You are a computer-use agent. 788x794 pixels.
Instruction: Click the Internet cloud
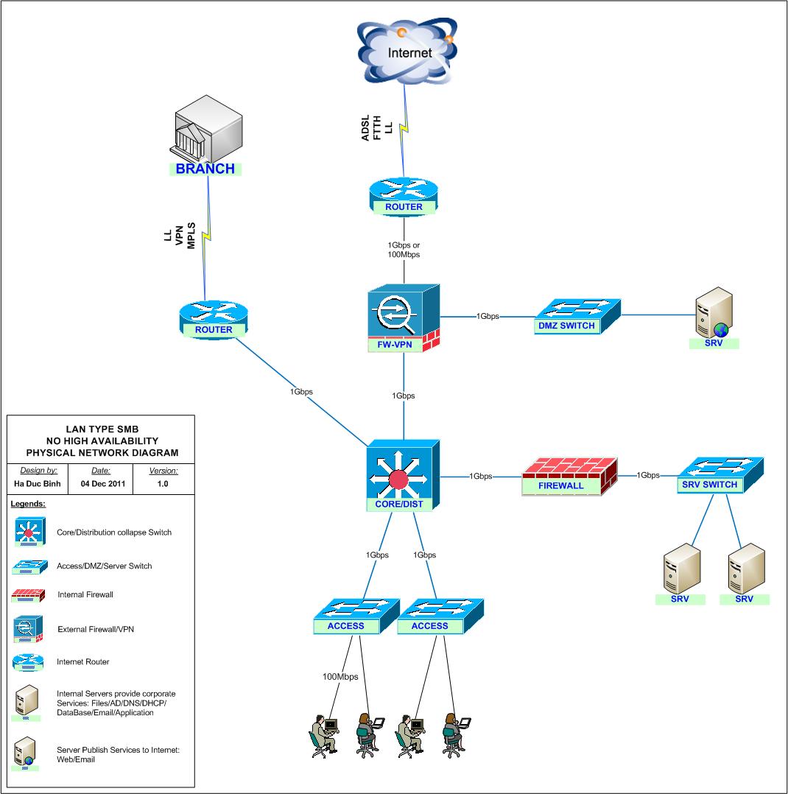pos(404,52)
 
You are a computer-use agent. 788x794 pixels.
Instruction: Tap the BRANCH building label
pos(205,169)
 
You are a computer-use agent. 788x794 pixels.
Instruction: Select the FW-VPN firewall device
pos(404,317)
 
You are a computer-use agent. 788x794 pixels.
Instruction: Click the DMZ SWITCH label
pos(566,326)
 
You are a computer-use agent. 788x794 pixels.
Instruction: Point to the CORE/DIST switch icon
pos(403,475)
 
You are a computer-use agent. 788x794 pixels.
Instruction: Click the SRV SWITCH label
pos(710,484)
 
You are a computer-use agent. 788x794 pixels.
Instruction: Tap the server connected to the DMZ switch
pos(714,315)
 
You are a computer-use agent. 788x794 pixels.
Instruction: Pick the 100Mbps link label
pos(340,676)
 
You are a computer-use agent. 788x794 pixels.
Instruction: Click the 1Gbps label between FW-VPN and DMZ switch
pos(488,316)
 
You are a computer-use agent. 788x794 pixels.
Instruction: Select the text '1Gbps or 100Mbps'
pos(404,250)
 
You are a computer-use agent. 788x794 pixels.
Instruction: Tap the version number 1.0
pos(163,485)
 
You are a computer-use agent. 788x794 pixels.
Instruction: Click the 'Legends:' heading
pos(29,505)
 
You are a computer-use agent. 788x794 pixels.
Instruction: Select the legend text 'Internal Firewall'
pos(85,594)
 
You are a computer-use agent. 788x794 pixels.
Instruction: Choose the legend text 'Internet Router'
pos(82,662)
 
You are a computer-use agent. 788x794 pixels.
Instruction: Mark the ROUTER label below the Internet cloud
pos(404,207)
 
